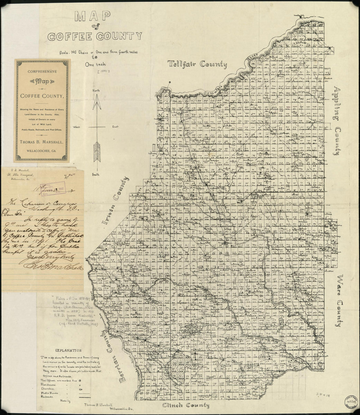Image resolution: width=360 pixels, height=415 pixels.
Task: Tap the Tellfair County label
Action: pyautogui.click(x=197, y=64)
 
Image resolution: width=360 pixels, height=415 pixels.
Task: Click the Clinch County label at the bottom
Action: pyautogui.click(x=186, y=406)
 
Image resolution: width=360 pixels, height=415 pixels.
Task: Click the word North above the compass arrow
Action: pyautogui.click(x=96, y=90)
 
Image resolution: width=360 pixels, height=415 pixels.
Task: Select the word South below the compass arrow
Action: pyautogui.click(x=96, y=175)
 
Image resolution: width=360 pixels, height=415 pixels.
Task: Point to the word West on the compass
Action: pyautogui.click(x=77, y=126)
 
